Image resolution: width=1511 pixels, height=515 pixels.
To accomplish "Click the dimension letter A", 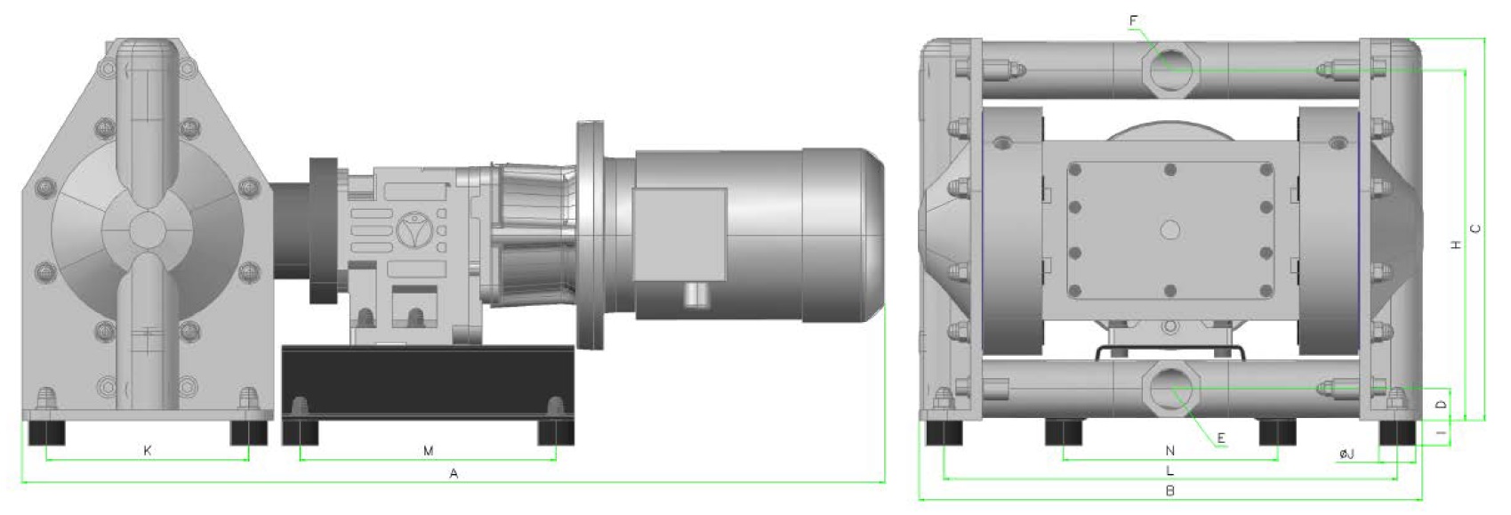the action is [454, 474].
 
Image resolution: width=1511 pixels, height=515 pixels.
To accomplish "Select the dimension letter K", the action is [148, 450].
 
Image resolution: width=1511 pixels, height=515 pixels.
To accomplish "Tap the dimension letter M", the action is [428, 450].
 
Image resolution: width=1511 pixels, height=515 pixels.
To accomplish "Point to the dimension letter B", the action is [1170, 491].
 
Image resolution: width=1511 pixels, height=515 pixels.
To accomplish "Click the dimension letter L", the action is [1170, 471].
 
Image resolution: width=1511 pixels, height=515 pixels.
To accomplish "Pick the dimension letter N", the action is [1170, 450].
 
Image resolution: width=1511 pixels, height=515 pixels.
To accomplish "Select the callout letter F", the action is [1133, 21].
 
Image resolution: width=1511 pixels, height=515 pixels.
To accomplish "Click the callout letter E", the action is [1221, 439].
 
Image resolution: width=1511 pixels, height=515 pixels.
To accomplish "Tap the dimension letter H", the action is [1456, 245].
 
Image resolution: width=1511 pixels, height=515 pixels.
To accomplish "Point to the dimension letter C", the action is [1476, 229].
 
